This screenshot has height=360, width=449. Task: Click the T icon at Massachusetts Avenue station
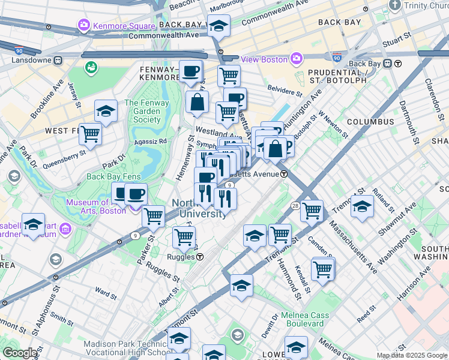click(284, 174)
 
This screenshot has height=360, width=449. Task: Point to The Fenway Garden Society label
click(142, 111)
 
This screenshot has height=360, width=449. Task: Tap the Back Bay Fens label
click(112, 176)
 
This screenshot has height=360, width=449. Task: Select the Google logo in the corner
click(19, 353)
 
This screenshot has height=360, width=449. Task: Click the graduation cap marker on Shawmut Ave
click(363, 205)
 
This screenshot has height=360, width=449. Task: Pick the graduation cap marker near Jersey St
click(106, 110)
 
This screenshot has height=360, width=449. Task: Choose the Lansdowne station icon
click(58, 61)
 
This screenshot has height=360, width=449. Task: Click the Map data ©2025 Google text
click(412, 355)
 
